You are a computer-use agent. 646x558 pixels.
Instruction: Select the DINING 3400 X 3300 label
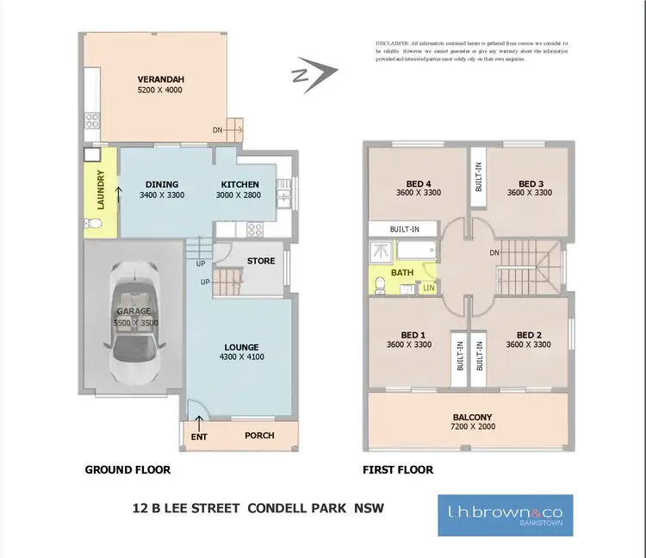coord(162,189)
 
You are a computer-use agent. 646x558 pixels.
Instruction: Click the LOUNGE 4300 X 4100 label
coord(242,351)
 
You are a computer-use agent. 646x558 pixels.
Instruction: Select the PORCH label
coord(259,436)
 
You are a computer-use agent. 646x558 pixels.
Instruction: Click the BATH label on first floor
coord(402,273)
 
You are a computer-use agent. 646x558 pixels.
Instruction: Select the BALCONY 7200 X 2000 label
coord(469,422)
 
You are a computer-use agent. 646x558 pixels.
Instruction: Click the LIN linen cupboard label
coord(428,288)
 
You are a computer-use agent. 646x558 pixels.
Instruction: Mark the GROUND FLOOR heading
coord(127,470)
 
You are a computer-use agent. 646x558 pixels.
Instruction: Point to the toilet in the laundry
coord(96,225)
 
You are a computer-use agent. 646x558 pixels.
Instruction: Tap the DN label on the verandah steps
coord(218,131)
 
